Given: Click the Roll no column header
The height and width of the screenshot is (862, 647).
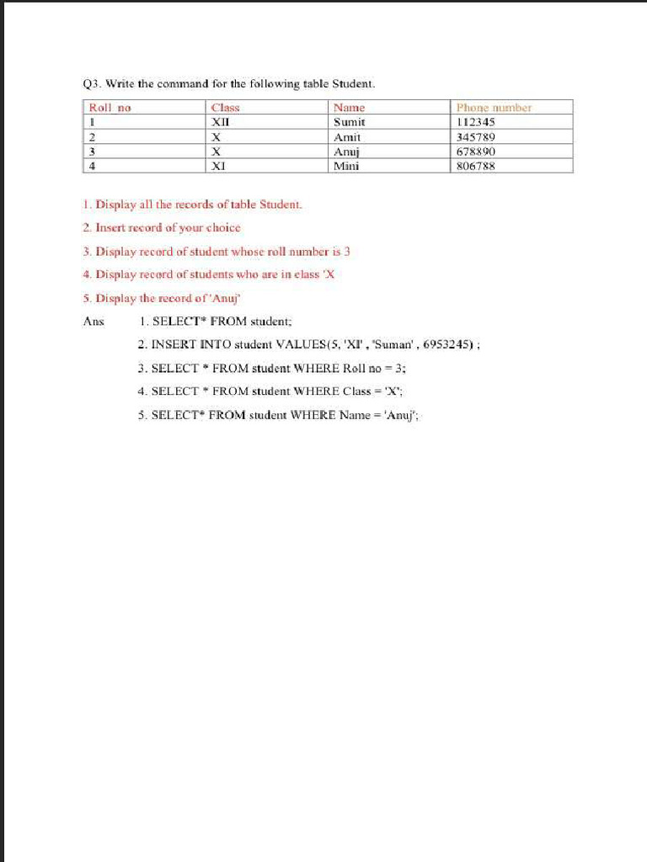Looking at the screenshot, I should pos(110,108).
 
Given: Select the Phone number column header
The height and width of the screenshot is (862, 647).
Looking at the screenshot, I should pos(494,108).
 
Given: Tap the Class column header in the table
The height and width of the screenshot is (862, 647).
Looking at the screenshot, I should pos(225,108).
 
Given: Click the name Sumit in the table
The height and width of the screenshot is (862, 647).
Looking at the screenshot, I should pos(349,122).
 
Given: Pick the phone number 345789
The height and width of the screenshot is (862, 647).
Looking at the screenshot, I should pos(475,136).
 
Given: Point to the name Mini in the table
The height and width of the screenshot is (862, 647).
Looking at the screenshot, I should pos(346,166).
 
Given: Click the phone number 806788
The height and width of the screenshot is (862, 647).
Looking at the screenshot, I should pos(475,166).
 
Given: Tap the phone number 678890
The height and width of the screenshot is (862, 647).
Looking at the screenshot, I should pos(475,152).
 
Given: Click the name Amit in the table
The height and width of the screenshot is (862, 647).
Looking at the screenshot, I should pos(347,136).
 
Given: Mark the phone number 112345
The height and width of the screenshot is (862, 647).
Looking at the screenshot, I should pos(475,122).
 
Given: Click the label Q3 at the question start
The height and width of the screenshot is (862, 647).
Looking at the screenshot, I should pos(90,84).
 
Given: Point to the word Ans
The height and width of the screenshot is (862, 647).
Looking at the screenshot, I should pos(94,321).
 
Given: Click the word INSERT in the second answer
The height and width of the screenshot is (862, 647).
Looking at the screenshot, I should pos(172,344).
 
